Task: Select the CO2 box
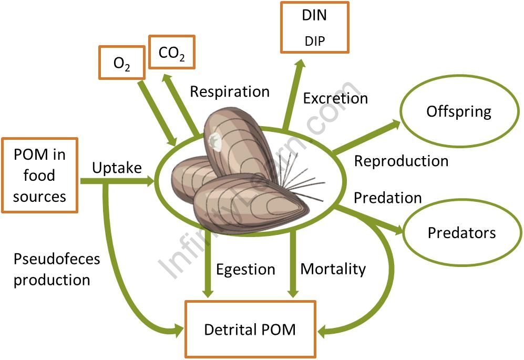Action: [x=171, y=52]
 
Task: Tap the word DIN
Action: [x=314, y=15]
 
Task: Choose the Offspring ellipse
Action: [x=458, y=111]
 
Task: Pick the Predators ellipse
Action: [x=461, y=232]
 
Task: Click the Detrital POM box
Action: [x=250, y=330]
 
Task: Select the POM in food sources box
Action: [x=40, y=175]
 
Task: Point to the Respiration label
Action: [x=229, y=91]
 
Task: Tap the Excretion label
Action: [x=335, y=98]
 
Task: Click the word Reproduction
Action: [x=401, y=161]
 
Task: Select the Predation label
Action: [x=387, y=198]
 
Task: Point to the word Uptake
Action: [x=117, y=168]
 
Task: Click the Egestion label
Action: [x=245, y=270]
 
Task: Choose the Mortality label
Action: [x=333, y=269]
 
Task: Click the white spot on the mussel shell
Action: [x=214, y=140]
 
